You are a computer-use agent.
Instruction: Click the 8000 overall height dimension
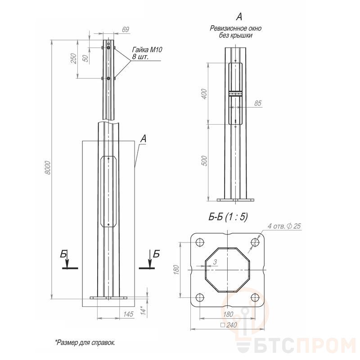[x=48, y=167]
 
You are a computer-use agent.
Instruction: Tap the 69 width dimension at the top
[x=126, y=29]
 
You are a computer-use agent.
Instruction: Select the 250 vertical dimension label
[x=73, y=58]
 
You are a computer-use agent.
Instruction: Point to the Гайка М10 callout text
[x=147, y=49]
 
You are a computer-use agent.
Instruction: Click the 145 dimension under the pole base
[x=128, y=314]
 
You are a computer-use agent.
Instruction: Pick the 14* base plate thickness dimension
[x=143, y=310]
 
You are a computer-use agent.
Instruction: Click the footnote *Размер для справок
[x=85, y=343]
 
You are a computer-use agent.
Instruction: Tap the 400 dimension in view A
[x=204, y=94]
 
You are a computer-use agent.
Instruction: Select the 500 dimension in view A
[x=204, y=161]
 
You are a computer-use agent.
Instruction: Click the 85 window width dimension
[x=257, y=103]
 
